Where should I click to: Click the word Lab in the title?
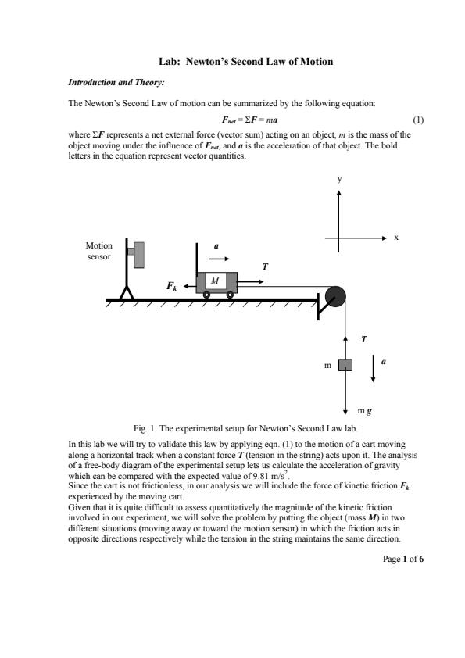(x=169, y=62)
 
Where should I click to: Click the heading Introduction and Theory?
(x=116, y=82)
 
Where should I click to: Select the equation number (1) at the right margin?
(x=418, y=120)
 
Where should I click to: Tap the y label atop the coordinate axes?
(x=339, y=179)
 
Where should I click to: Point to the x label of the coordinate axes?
(x=396, y=238)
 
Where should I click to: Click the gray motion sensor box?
(x=138, y=255)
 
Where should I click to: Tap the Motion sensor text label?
(x=99, y=251)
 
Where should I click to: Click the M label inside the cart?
(x=215, y=281)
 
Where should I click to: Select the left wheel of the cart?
(x=206, y=295)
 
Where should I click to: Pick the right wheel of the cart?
(x=230, y=295)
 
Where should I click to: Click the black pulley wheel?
(x=335, y=296)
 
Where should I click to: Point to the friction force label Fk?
(x=172, y=286)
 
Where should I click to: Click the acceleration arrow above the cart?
(x=219, y=259)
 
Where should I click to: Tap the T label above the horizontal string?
(x=265, y=266)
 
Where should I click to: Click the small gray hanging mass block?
(x=345, y=365)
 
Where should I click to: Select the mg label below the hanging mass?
(x=365, y=411)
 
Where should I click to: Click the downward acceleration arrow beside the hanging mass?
(x=373, y=368)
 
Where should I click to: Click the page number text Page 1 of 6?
(x=403, y=559)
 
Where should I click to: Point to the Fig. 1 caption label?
(x=145, y=428)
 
